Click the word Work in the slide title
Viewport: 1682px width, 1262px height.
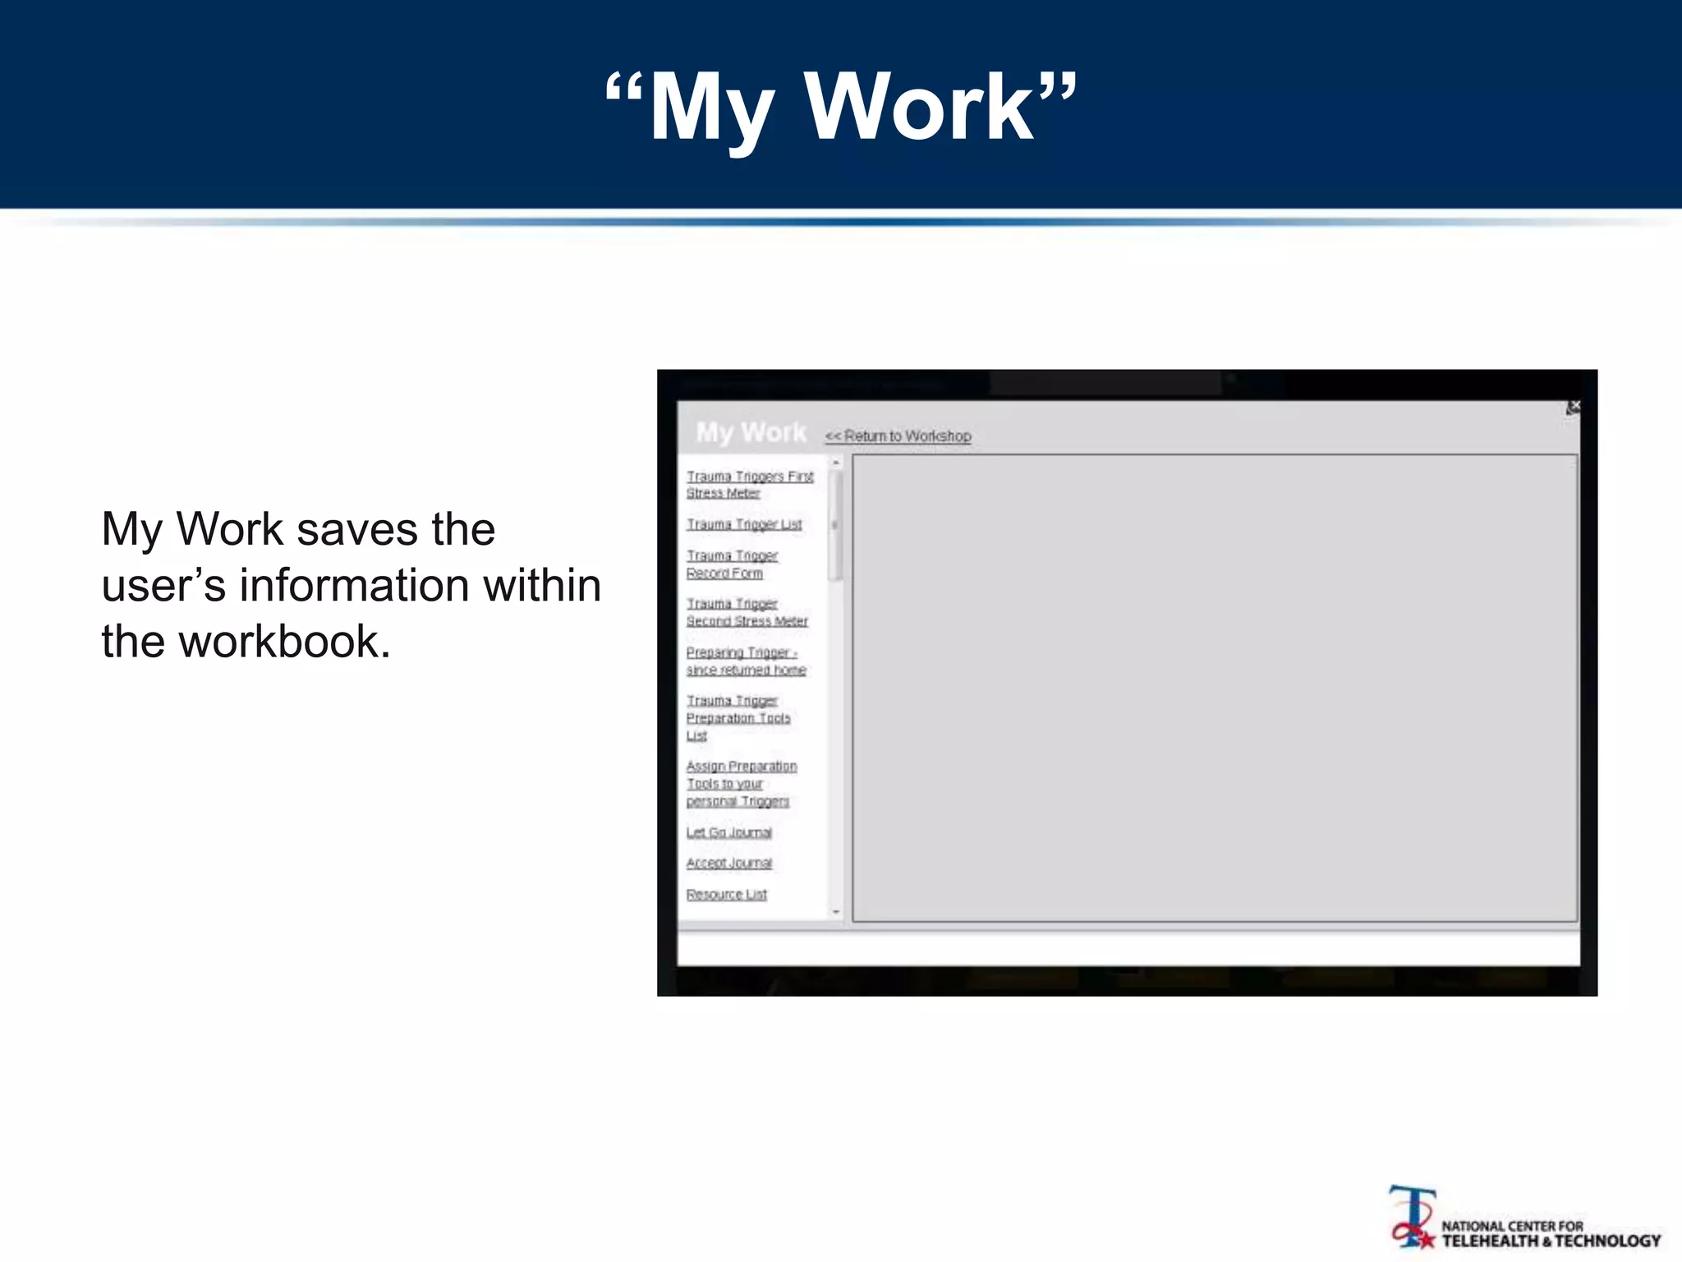[920, 108]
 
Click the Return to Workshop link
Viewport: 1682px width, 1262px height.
[898, 436]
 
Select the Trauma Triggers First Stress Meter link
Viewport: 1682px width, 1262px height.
[749, 485]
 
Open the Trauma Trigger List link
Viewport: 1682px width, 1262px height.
[744, 524]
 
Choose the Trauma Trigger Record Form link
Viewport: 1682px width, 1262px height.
[731, 564]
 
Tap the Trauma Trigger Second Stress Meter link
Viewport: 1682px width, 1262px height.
[747, 612]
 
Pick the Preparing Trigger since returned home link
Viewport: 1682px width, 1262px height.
[745, 661]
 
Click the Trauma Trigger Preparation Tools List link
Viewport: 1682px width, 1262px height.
[738, 717]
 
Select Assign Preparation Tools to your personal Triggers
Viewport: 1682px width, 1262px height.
[741, 783]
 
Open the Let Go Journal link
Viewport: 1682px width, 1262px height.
[729, 832]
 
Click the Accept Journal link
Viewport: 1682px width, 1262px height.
[729, 863]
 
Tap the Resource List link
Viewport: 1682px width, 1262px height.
[727, 894]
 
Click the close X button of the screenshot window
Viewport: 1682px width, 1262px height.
[1573, 407]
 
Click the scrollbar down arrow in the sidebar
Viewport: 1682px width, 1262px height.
[836, 912]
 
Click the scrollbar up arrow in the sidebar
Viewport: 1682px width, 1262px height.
[836, 463]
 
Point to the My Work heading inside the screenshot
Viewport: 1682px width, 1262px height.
[751, 432]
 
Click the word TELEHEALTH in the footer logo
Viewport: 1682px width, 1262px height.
[1488, 1241]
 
